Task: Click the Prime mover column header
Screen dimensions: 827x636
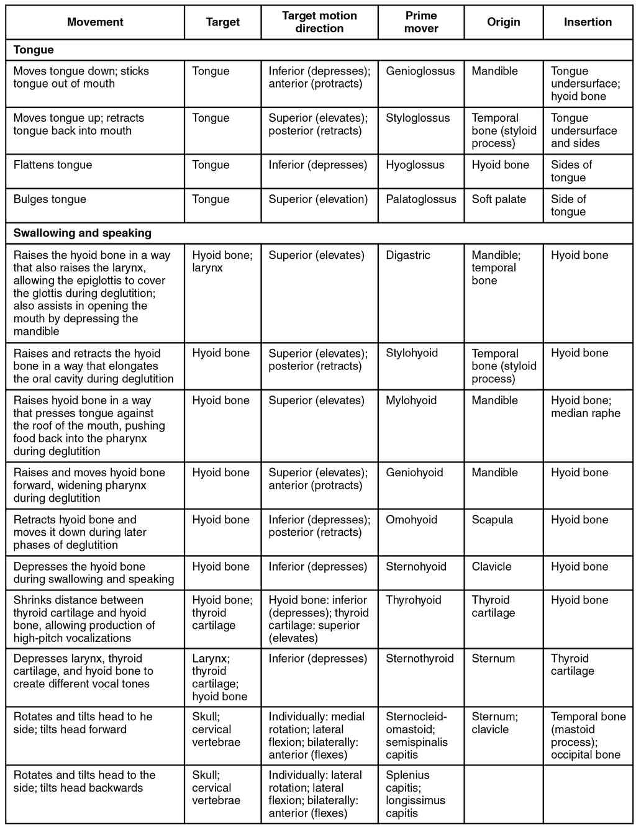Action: (420, 22)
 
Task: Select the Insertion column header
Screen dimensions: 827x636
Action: (588, 22)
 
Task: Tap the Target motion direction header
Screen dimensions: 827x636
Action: (319, 22)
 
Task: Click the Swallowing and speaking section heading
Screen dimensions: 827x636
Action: (82, 233)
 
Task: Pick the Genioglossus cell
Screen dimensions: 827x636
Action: (420, 71)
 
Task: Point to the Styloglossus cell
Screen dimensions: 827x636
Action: (417, 117)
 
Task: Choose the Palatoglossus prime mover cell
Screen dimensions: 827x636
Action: (420, 199)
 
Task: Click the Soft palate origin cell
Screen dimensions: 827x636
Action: (498, 199)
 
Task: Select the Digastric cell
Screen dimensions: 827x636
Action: (407, 255)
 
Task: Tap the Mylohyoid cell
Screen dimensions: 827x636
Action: (411, 400)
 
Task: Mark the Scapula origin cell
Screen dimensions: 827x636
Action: (492, 520)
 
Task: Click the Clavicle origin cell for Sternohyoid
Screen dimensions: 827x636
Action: (491, 566)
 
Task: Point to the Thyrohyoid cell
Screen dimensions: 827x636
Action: (413, 600)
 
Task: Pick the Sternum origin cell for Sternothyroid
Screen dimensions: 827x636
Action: (493, 658)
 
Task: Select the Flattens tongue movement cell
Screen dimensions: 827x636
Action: (52, 165)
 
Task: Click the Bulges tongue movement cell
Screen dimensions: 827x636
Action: (50, 199)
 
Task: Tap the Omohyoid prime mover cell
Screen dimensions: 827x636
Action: (411, 520)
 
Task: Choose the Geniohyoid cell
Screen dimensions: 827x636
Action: (414, 472)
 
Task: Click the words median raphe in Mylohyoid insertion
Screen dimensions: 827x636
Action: (585, 413)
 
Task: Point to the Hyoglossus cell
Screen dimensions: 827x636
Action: (415, 165)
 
